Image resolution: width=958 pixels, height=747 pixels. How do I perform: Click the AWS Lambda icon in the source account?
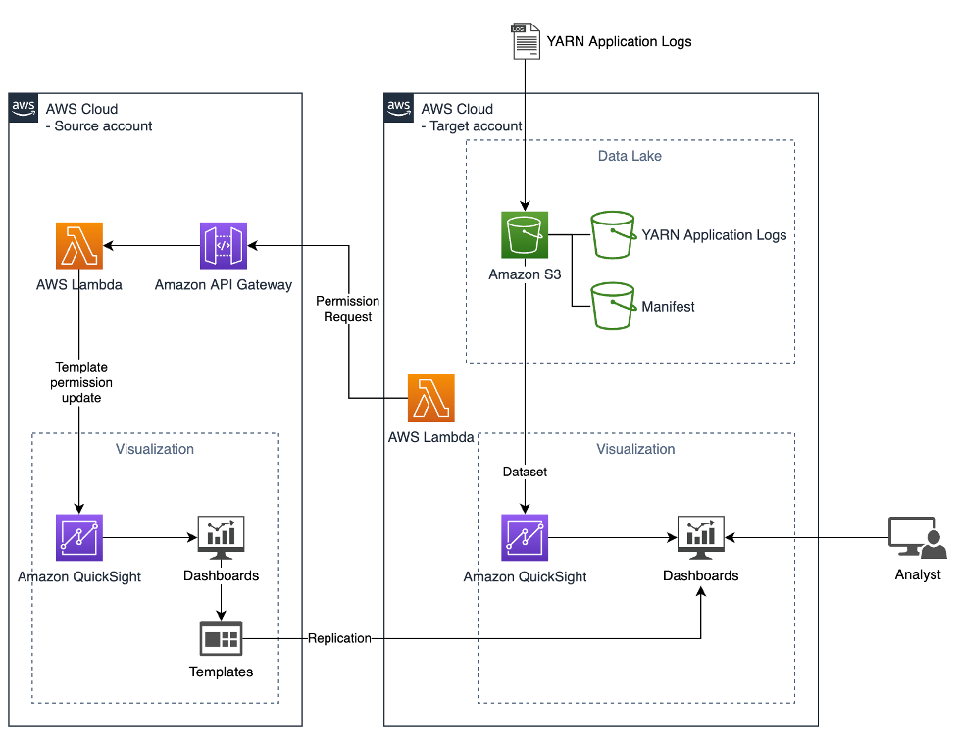click(x=79, y=245)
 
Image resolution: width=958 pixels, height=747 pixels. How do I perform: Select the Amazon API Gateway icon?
click(x=224, y=245)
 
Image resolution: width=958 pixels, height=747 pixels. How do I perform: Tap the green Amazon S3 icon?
click(x=525, y=235)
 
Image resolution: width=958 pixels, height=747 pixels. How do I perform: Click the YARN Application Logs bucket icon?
click(x=613, y=235)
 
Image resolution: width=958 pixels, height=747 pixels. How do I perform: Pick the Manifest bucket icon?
click(x=613, y=306)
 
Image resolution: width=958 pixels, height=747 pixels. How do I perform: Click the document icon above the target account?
click(x=527, y=42)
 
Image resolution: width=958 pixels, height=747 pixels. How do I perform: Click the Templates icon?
click(x=221, y=638)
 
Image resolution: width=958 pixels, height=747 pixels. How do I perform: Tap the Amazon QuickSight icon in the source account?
click(x=79, y=537)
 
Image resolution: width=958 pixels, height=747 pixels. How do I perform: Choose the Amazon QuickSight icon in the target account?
click(x=525, y=537)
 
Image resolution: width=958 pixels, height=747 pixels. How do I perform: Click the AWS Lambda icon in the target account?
click(x=430, y=398)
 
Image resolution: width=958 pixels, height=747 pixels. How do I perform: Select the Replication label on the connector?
click(x=339, y=638)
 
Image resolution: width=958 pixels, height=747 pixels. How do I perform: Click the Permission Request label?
click(x=347, y=309)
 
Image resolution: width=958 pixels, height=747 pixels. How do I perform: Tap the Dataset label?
click(x=525, y=472)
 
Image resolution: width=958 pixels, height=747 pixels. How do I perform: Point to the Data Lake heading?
click(x=630, y=156)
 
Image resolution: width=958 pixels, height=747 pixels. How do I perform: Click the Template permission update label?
click(x=81, y=382)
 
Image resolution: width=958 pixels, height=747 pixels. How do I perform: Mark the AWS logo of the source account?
click(x=24, y=108)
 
